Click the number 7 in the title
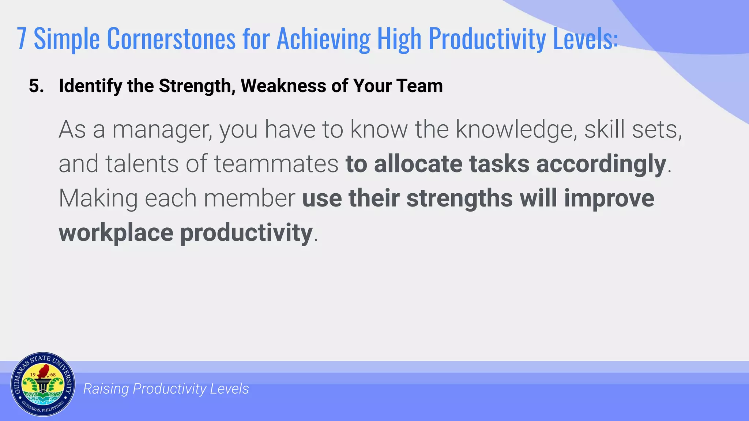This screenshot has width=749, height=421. [22, 39]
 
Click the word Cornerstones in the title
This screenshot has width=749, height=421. [171, 39]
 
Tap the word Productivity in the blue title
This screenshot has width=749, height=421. [487, 39]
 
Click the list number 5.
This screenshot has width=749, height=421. [36, 86]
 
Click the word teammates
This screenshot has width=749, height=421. [276, 164]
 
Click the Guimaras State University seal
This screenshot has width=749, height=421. [43, 384]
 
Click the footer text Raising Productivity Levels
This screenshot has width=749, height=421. [166, 389]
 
